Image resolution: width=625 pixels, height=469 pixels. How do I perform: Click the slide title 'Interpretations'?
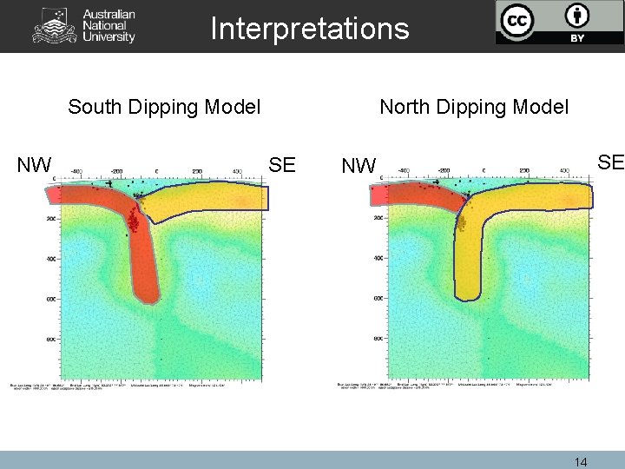click(309, 29)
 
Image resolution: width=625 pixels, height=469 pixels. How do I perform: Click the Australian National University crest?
click(54, 26)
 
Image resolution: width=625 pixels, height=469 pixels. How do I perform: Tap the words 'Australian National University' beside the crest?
click(109, 26)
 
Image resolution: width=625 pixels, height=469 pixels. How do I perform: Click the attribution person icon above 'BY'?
click(576, 16)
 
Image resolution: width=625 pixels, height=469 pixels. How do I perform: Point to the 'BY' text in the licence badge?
click(576, 38)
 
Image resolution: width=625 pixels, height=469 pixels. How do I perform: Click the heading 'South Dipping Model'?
click(164, 107)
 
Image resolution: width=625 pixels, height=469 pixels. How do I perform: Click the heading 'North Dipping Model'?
click(474, 107)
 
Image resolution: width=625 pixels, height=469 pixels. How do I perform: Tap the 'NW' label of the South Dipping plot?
click(35, 164)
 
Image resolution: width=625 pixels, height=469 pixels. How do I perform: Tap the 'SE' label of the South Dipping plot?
click(282, 164)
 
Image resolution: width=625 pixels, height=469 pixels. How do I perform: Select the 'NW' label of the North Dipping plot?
click(359, 164)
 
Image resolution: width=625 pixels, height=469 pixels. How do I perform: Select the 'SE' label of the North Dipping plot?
click(610, 162)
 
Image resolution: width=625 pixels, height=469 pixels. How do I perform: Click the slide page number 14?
click(581, 462)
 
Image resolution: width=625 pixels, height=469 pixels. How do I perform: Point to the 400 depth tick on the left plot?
click(51, 259)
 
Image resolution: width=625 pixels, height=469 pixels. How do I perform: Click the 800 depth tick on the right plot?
click(378, 339)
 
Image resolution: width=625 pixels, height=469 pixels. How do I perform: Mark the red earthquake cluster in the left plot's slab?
click(134, 221)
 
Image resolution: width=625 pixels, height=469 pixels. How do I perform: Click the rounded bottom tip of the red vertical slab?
click(148, 295)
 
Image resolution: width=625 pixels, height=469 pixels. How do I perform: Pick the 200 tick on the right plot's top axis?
click(523, 171)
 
